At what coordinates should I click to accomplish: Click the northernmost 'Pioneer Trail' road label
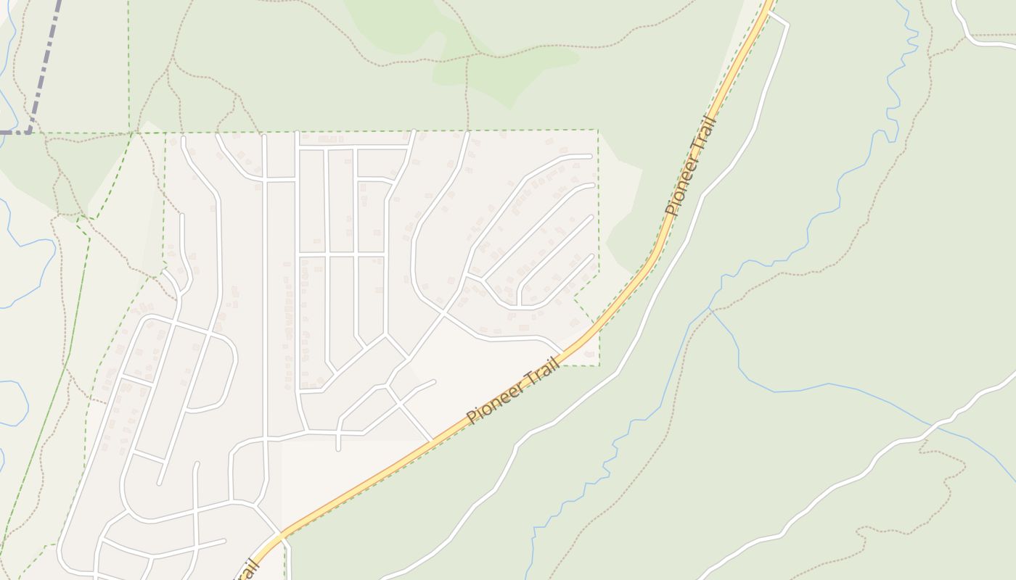pyautogui.click(x=692, y=166)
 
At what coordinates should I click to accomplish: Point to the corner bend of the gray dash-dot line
pyautogui.click(x=30, y=132)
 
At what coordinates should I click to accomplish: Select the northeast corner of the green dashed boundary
pyautogui.click(x=597, y=130)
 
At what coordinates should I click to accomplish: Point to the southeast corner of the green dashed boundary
pyautogui.click(x=599, y=365)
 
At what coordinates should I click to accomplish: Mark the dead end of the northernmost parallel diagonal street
pyautogui.click(x=591, y=156)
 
